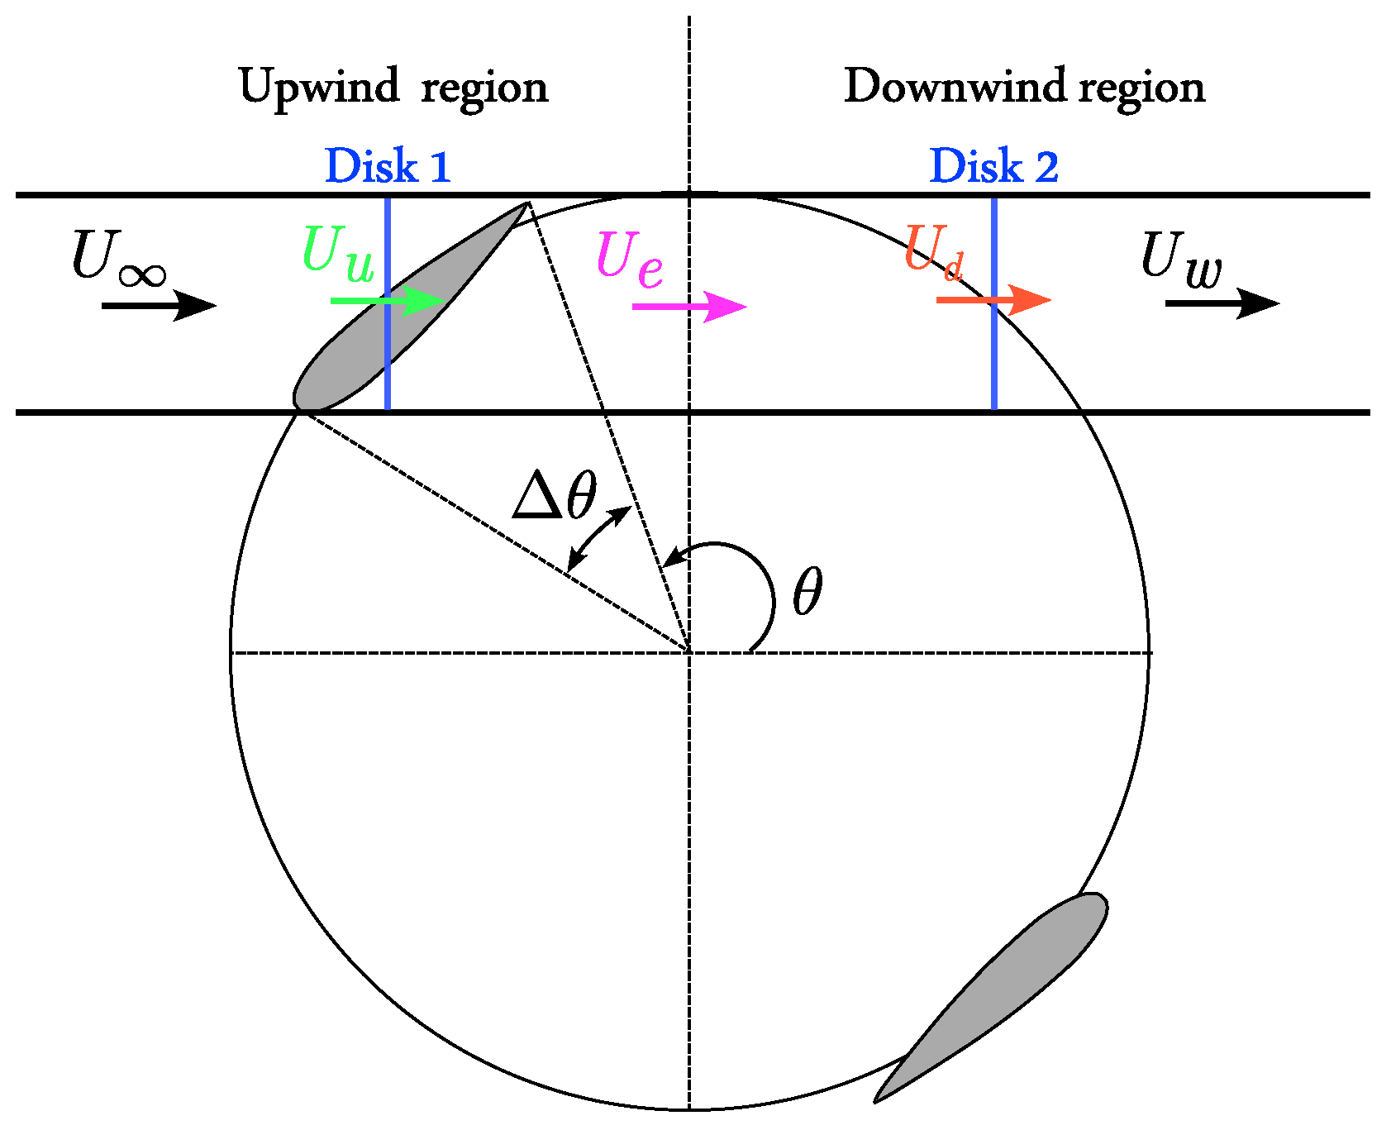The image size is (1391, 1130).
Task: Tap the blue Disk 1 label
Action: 388,165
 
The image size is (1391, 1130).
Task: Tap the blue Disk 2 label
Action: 993,165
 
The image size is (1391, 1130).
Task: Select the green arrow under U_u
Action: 388,301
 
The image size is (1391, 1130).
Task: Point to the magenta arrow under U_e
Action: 689,307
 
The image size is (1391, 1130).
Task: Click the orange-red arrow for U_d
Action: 993,299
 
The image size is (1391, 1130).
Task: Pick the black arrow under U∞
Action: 159,306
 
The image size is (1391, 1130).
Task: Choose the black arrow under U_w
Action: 1222,303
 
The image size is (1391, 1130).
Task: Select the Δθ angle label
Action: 555,496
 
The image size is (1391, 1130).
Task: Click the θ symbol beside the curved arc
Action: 807,592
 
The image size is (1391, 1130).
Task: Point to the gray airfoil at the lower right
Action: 991,998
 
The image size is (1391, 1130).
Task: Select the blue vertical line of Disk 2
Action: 994,303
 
